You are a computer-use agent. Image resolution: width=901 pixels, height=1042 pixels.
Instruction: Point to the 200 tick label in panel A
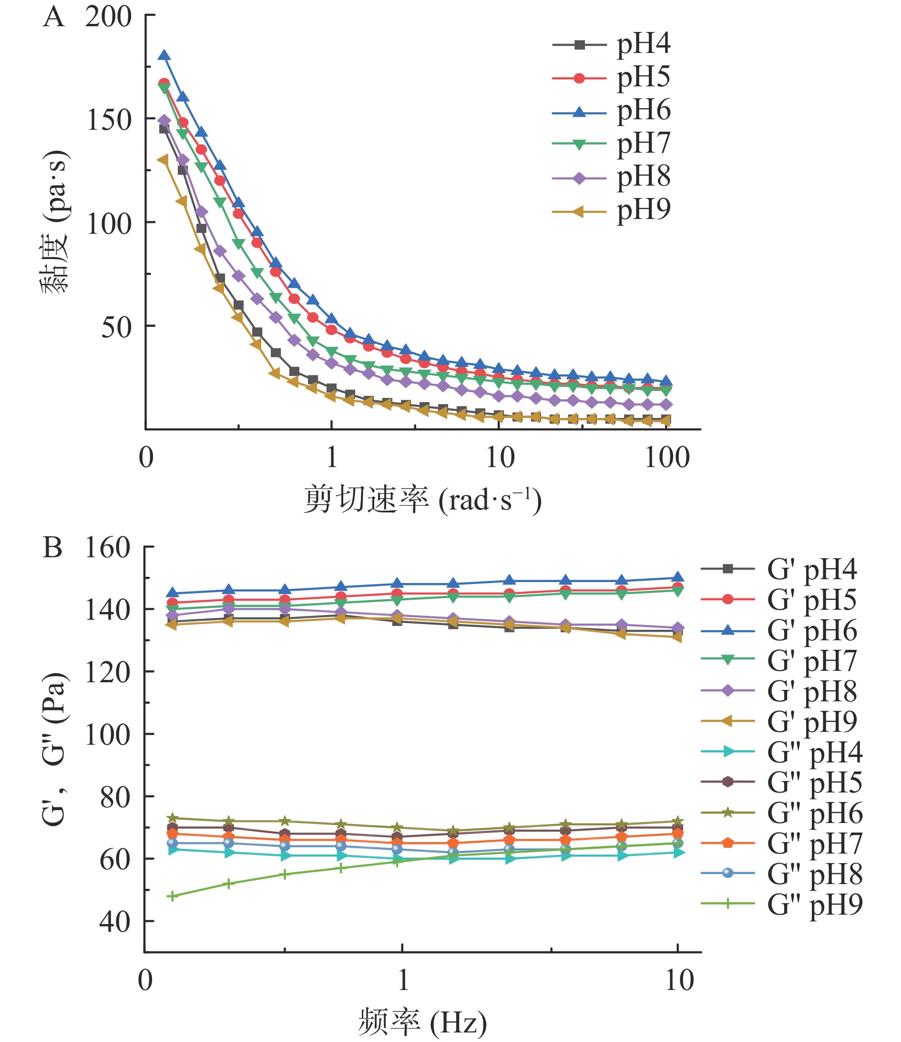tap(108, 17)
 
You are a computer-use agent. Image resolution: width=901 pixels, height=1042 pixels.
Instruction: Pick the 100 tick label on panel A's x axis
tap(667, 458)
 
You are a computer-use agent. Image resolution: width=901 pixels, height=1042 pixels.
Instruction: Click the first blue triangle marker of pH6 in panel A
tap(164, 56)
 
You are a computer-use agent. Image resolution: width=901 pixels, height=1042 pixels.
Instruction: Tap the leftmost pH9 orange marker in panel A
tap(163, 160)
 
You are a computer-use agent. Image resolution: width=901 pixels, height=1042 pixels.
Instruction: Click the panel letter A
tap(53, 18)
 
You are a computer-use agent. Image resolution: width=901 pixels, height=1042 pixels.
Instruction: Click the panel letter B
tap(52, 547)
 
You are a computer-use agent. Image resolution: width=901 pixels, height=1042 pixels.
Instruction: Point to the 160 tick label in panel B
tap(108, 547)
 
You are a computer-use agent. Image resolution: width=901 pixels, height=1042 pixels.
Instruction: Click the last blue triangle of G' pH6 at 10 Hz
tap(678, 578)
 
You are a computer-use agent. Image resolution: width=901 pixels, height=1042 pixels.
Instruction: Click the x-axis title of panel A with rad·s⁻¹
tap(422, 500)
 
